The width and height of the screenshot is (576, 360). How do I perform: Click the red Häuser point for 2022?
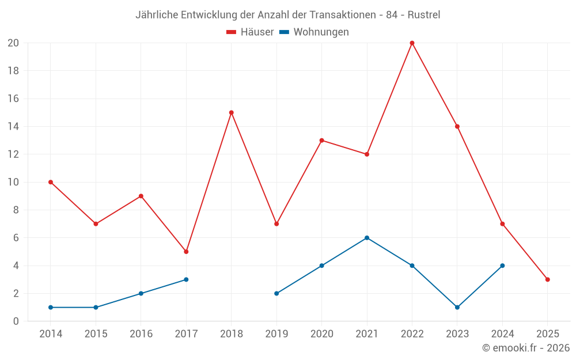click(x=412, y=43)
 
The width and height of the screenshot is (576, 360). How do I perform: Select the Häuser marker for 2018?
click(x=232, y=112)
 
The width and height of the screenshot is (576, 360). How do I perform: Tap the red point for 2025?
click(x=548, y=279)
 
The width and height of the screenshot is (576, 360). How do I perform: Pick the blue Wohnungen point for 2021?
click(x=367, y=238)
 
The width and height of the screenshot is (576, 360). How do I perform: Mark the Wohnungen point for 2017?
click(x=186, y=279)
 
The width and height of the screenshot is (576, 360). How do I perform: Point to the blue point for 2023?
click(x=457, y=307)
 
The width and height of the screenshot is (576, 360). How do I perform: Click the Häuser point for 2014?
click(x=51, y=182)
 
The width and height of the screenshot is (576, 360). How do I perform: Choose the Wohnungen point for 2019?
click(x=276, y=293)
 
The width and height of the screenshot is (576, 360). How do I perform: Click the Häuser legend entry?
click(x=250, y=32)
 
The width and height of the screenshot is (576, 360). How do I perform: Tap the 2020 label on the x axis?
click(x=321, y=334)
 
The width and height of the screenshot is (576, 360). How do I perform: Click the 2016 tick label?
click(x=141, y=334)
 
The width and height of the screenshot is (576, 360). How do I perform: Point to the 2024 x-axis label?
click(x=502, y=334)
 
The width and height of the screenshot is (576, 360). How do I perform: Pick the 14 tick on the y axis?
click(x=13, y=127)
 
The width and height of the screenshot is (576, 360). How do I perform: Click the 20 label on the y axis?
click(x=13, y=43)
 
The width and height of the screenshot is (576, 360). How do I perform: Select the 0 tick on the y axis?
click(x=16, y=321)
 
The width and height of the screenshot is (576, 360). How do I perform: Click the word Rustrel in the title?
click(x=424, y=15)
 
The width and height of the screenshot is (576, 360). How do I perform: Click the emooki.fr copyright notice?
click(x=526, y=348)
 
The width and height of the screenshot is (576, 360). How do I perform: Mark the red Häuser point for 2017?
click(x=186, y=252)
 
